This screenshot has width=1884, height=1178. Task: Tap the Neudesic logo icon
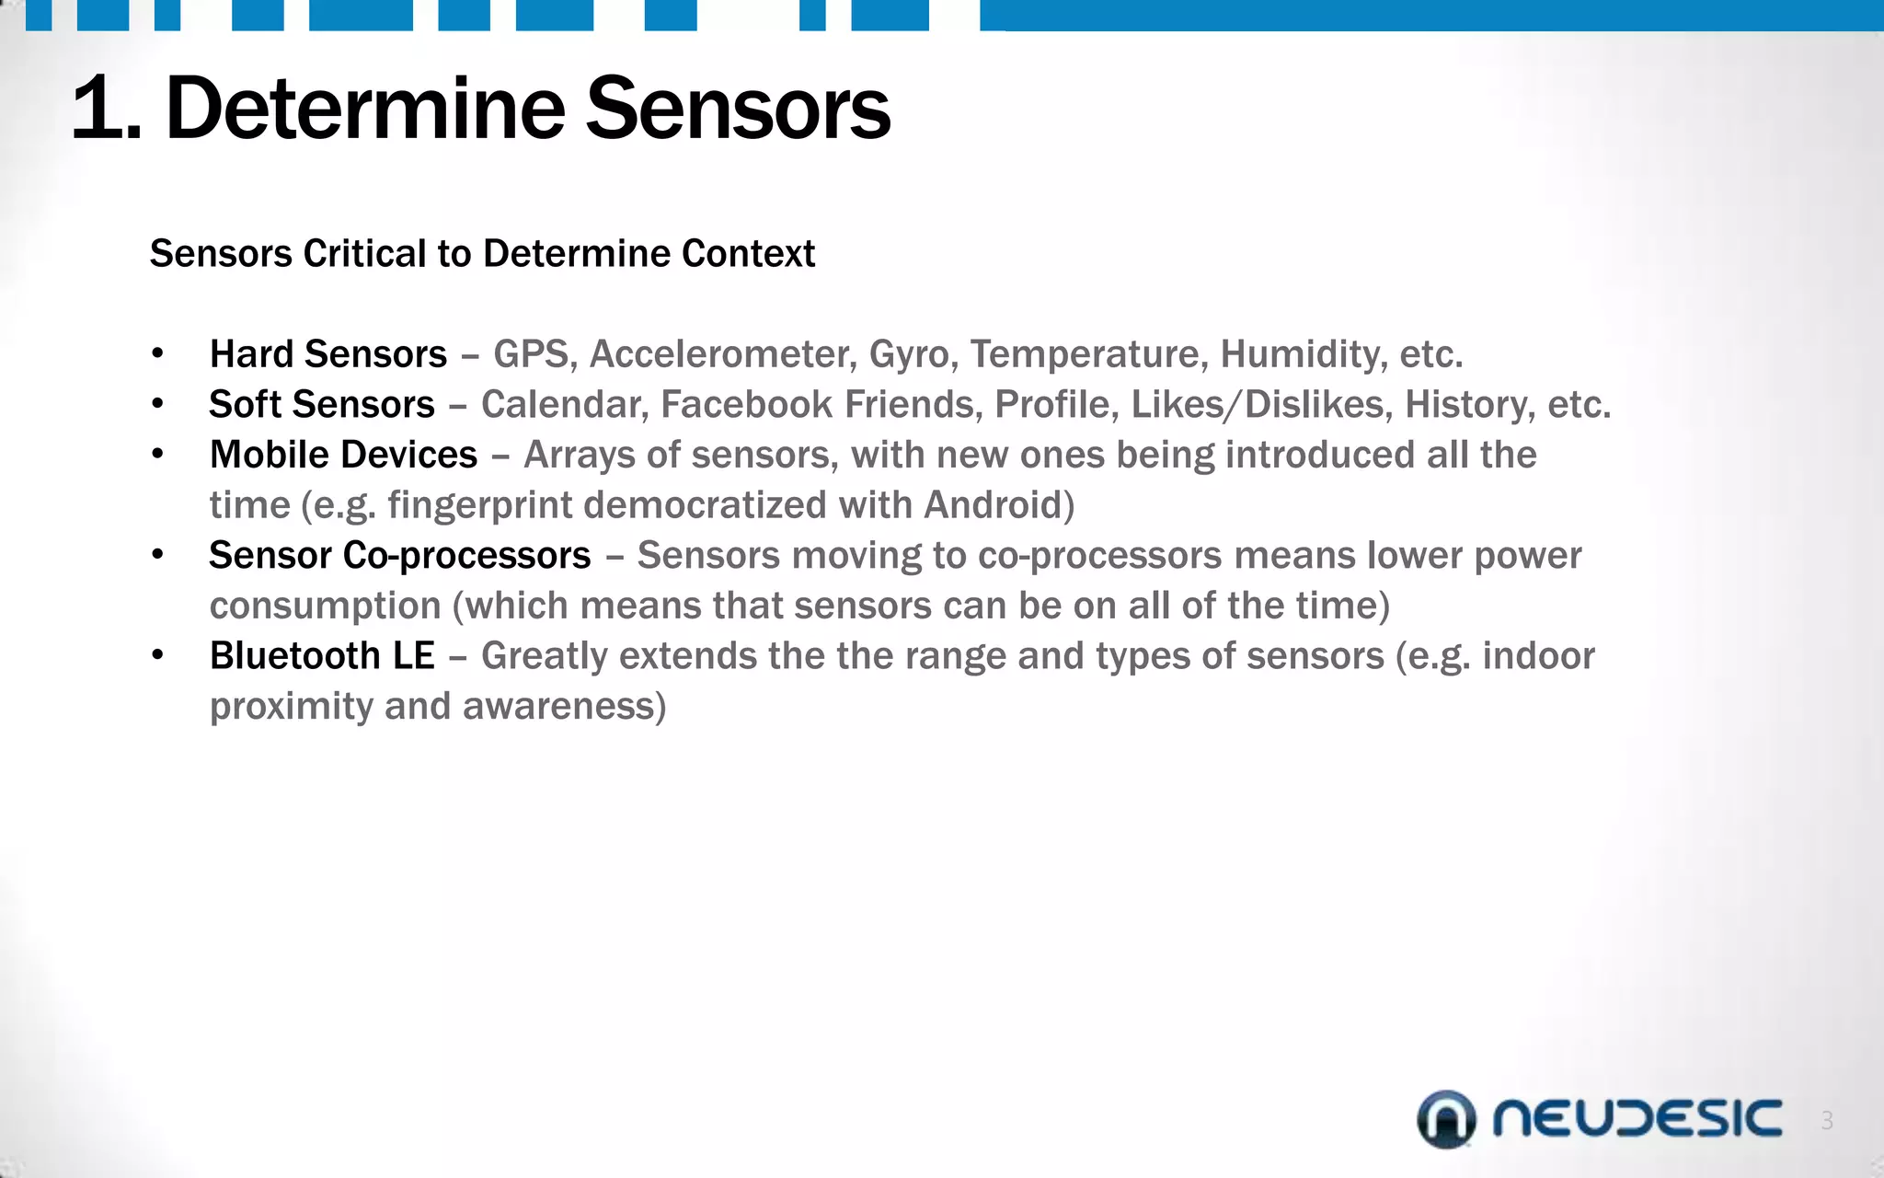pyautogui.click(x=1446, y=1119)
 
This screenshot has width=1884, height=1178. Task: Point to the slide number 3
pyautogui.click(x=1827, y=1121)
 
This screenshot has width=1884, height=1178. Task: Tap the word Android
pyautogui.click(x=998, y=505)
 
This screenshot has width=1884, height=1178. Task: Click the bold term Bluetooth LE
pyautogui.click(x=322, y=656)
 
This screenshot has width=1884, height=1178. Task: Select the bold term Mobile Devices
pyautogui.click(x=343, y=456)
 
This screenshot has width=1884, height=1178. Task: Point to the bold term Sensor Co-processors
pyautogui.click(x=399, y=556)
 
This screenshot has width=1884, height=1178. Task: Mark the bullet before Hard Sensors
pyautogui.click(x=158, y=354)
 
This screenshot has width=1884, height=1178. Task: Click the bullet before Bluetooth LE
pyautogui.click(x=158, y=656)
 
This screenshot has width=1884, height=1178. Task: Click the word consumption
pyautogui.click(x=326, y=606)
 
